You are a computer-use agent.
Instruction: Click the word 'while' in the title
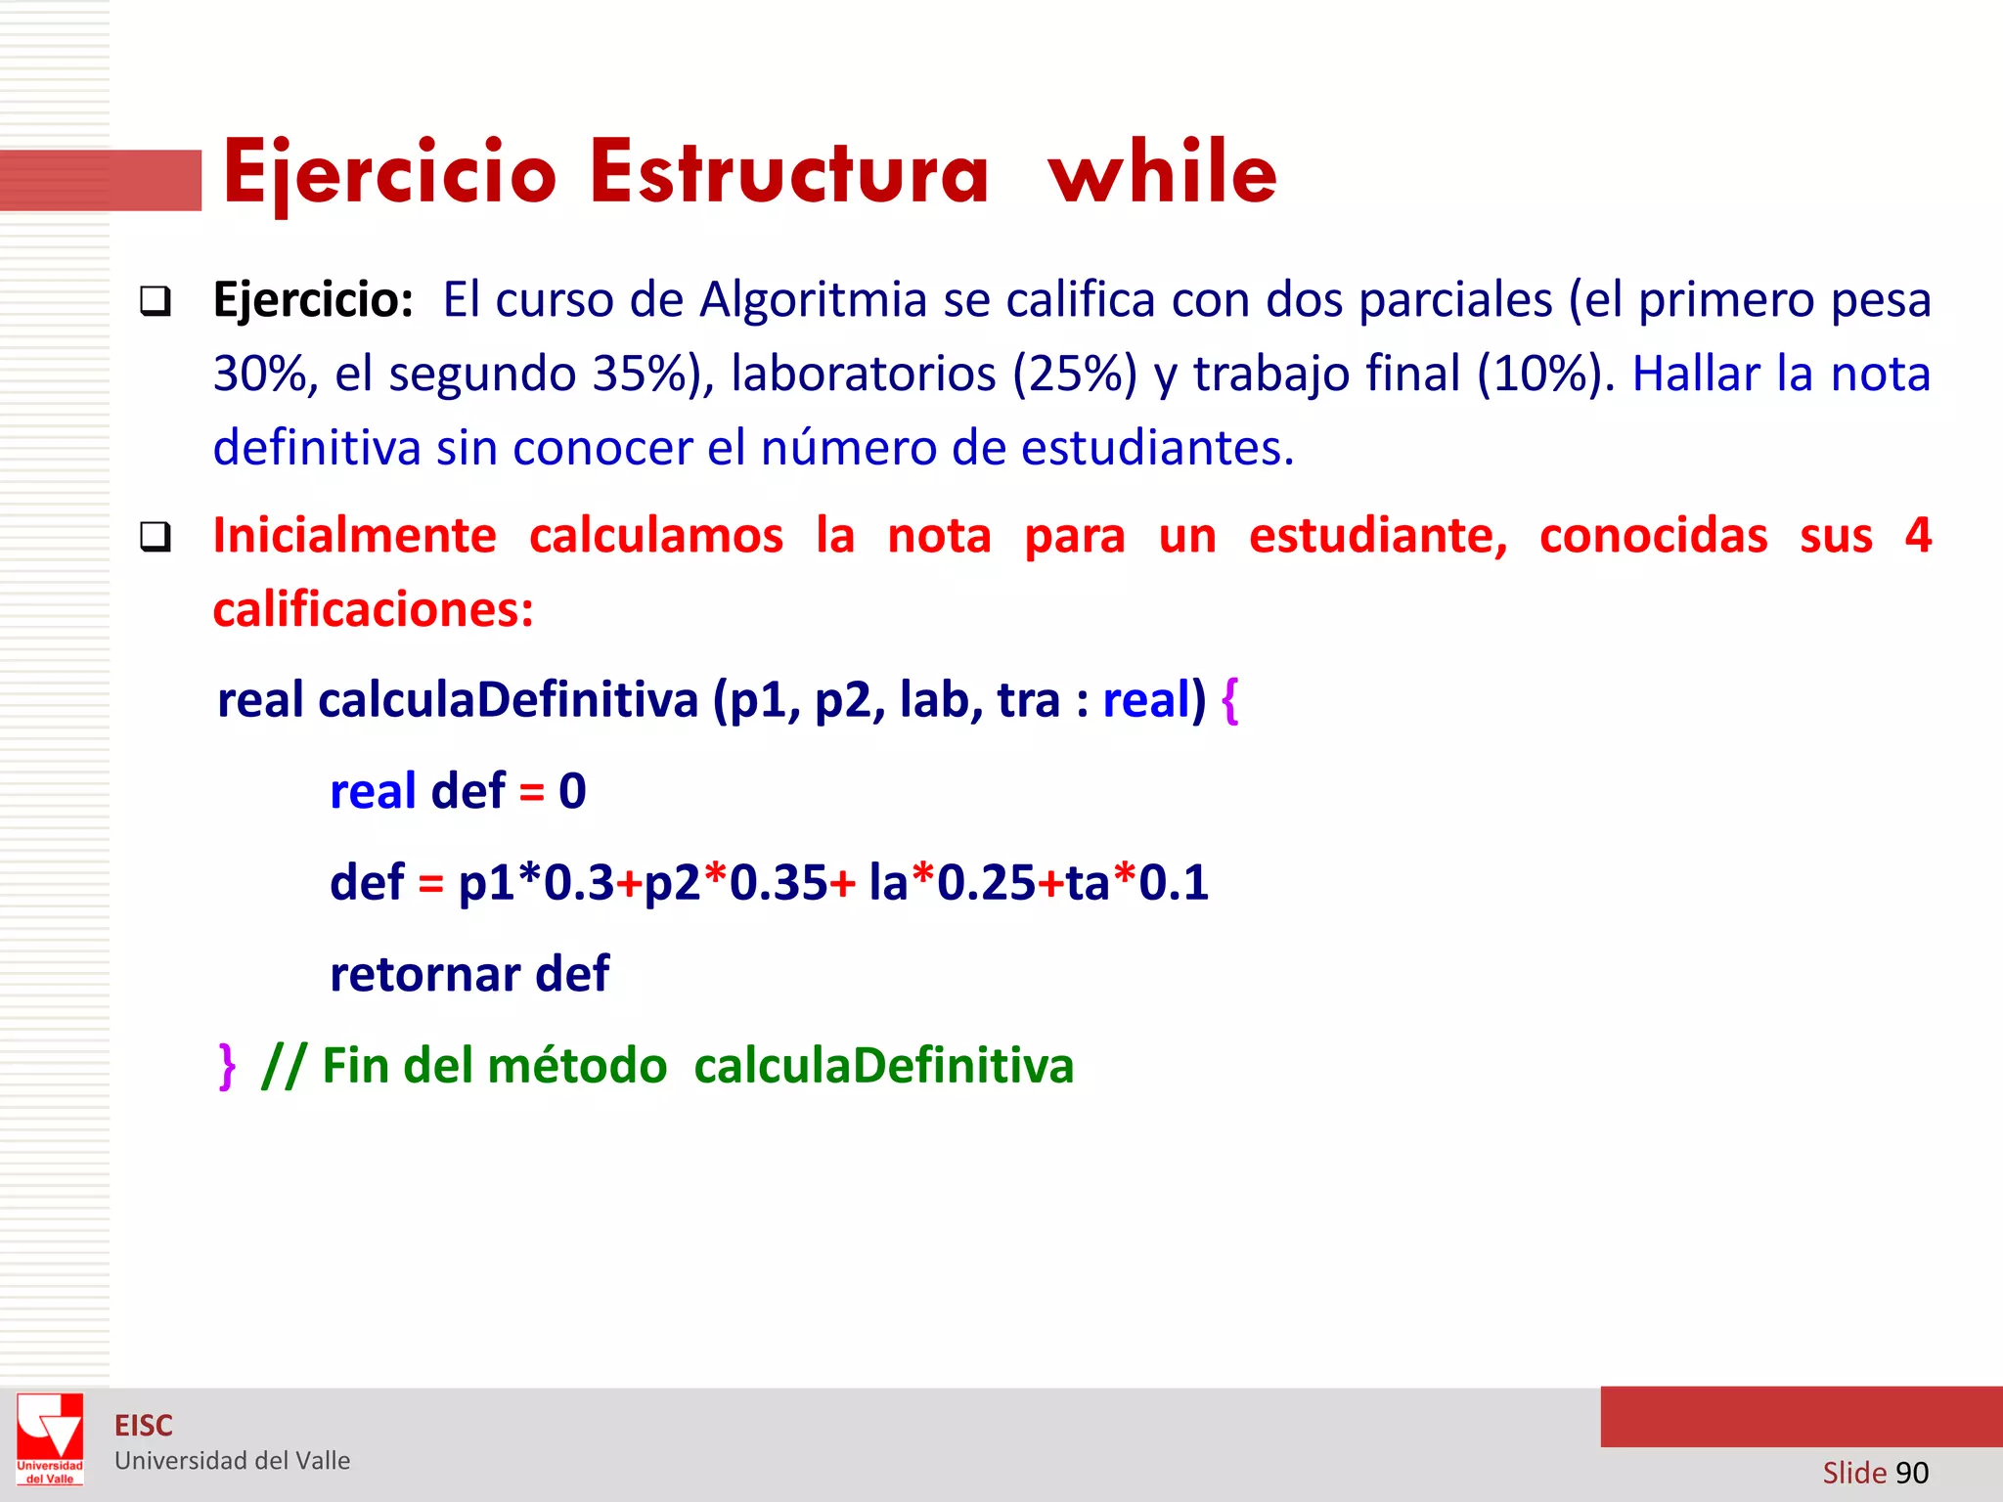click(1162, 172)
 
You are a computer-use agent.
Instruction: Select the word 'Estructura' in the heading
click(789, 172)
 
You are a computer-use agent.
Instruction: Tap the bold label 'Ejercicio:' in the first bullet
click(313, 299)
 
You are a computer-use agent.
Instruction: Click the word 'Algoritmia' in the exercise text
click(813, 299)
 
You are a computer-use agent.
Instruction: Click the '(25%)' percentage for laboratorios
click(1075, 374)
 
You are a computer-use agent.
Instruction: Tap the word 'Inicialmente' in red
click(355, 536)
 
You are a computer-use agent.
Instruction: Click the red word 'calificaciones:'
click(374, 610)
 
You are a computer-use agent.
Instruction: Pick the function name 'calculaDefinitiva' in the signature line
click(508, 700)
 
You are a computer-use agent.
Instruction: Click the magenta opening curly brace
click(1230, 700)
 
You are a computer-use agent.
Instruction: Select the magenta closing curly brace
click(227, 1066)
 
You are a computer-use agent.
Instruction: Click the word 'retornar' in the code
click(425, 974)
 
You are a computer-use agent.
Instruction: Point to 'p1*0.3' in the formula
click(536, 882)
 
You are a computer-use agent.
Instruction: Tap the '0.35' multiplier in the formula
click(779, 882)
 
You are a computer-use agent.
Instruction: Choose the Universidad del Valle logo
click(50, 1438)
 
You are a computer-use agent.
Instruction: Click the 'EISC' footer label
click(144, 1426)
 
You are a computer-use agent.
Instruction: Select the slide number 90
click(1911, 1473)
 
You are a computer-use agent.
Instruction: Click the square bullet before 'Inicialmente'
click(155, 537)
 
